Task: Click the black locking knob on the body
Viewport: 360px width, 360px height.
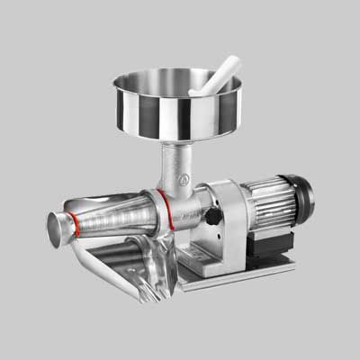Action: click(213, 217)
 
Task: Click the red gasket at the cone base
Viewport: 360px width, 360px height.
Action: click(161, 204)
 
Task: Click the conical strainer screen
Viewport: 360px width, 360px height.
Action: click(117, 216)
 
